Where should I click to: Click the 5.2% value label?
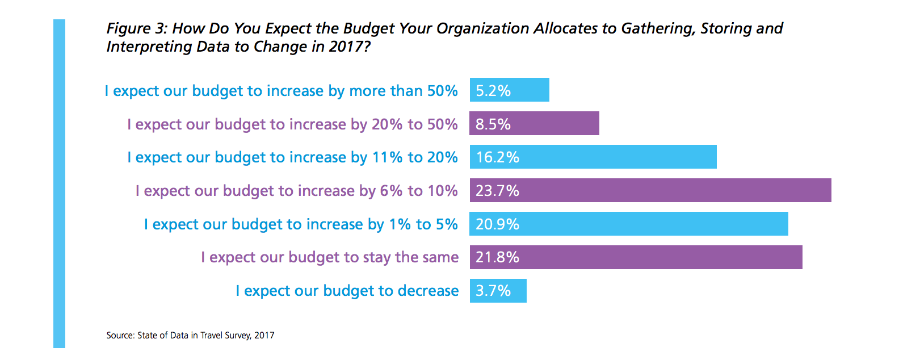[x=493, y=91]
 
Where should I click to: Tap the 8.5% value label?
[x=493, y=124]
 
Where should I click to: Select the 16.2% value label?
[x=498, y=157]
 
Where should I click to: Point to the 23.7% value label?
[x=498, y=191]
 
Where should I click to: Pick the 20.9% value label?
[x=498, y=224]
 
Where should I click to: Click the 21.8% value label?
[x=498, y=257]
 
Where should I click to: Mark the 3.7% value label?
[x=493, y=291]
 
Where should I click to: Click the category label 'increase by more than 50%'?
[x=281, y=91]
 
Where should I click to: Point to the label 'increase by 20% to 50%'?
[x=292, y=124]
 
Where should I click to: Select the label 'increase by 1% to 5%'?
[x=301, y=224]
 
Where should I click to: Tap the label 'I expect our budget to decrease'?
[x=347, y=291]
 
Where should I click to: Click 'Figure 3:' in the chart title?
[x=137, y=28]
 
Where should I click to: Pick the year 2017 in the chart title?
[x=346, y=47]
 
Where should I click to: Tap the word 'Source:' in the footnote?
[x=120, y=336]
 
